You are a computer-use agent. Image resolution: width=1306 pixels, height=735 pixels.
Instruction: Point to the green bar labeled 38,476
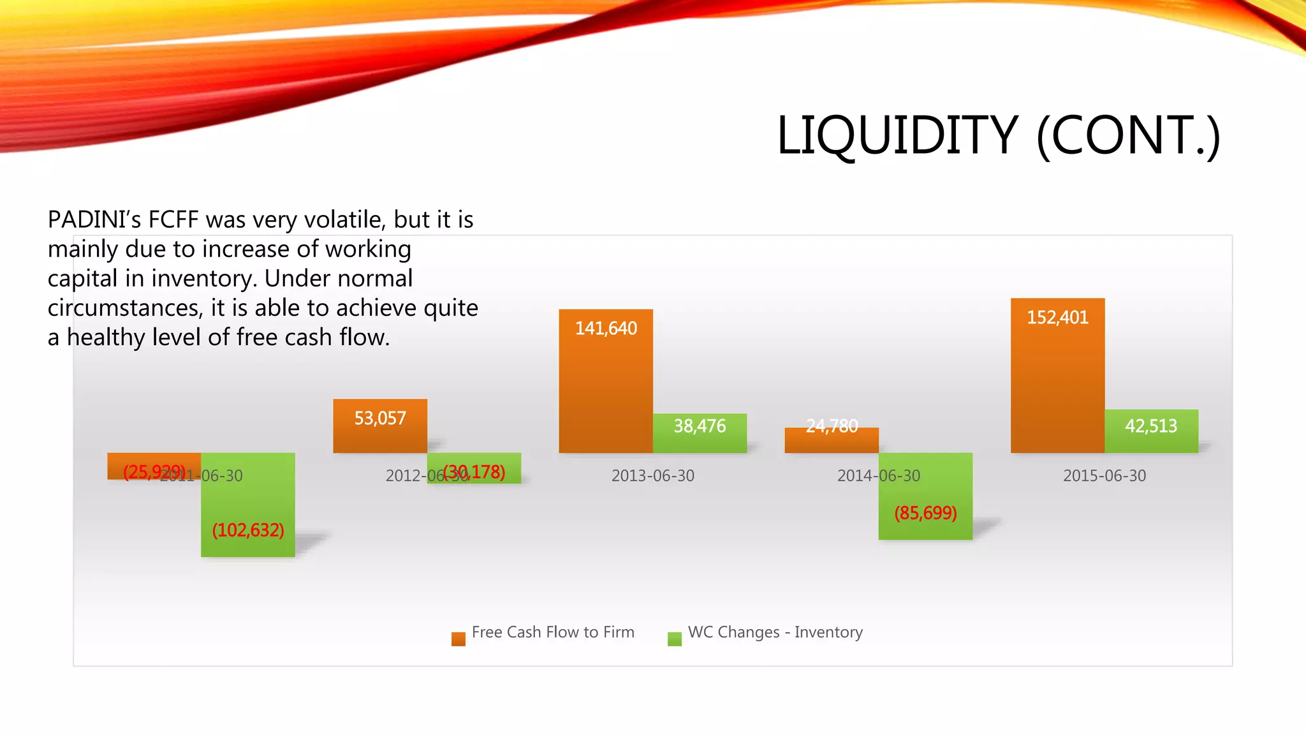[700, 434]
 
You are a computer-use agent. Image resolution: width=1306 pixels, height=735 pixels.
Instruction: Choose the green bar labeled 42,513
[1151, 431]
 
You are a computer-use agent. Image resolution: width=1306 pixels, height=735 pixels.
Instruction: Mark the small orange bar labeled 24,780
[832, 440]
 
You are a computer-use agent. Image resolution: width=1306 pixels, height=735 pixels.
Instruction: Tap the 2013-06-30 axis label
[652, 476]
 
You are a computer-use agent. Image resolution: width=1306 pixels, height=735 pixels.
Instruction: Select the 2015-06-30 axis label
[1104, 476]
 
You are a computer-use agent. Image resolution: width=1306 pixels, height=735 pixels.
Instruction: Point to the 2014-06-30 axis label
[878, 476]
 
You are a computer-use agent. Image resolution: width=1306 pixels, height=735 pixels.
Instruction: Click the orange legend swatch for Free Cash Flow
[458, 639]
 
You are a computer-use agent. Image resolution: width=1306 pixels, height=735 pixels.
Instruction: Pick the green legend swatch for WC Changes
[674, 639]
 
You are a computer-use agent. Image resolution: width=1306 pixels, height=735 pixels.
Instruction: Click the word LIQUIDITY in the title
[897, 135]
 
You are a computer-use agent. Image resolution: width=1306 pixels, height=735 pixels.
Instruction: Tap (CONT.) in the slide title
[1127, 135]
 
